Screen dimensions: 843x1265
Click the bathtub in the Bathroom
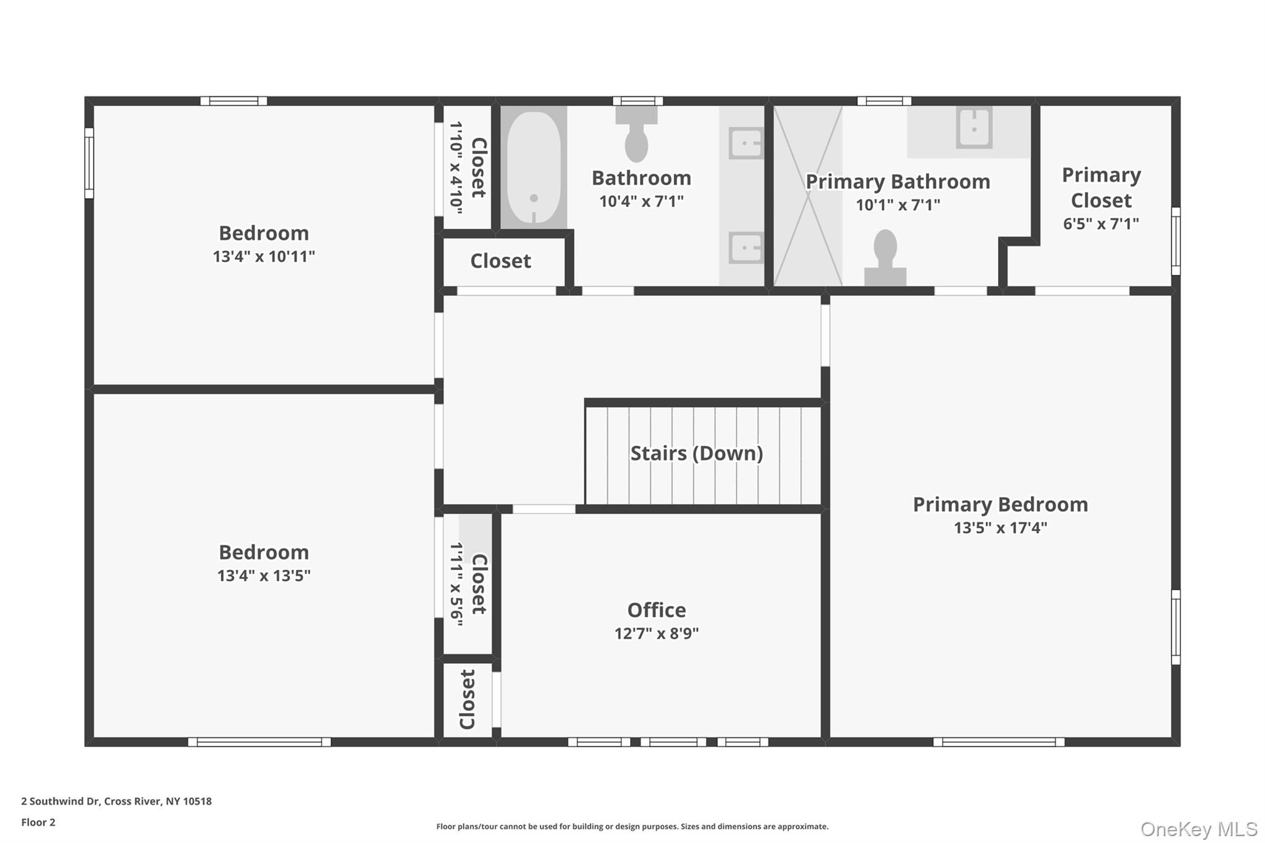click(534, 167)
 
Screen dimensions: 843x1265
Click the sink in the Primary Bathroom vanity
click(974, 128)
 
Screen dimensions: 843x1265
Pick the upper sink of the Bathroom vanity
click(746, 143)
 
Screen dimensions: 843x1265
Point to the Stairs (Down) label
click(696, 453)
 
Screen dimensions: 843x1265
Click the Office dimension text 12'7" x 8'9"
click(656, 634)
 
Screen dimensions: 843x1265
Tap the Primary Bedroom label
click(1000, 505)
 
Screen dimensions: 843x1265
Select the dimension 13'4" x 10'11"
click(264, 257)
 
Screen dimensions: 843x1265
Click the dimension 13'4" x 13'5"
click(264, 576)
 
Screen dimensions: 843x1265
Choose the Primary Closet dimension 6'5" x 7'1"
click(1101, 224)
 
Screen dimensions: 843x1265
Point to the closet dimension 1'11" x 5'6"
click(456, 584)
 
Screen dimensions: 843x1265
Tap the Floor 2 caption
click(38, 822)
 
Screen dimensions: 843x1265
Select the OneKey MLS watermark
click(1198, 829)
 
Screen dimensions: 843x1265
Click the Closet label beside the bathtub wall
click(500, 261)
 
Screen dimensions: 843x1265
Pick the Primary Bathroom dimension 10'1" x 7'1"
click(897, 205)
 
